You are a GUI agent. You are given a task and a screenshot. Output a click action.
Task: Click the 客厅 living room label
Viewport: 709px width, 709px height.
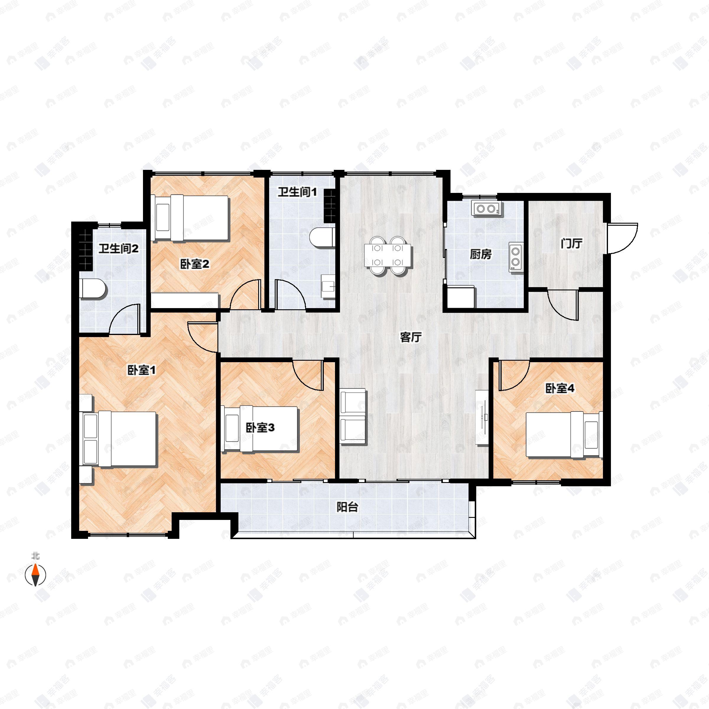coord(411,337)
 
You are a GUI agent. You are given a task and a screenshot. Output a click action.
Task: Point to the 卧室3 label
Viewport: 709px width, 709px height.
coord(260,427)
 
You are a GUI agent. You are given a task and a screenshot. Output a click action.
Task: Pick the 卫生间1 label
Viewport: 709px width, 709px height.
coord(297,192)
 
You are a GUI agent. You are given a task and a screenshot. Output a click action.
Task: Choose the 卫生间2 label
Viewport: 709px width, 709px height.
coord(118,249)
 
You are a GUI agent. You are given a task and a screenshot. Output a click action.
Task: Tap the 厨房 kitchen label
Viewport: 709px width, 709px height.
coord(481,254)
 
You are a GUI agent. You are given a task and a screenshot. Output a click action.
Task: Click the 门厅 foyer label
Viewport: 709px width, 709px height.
coord(572,243)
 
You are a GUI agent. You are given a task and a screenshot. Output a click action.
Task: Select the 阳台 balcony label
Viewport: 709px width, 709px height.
coord(347,507)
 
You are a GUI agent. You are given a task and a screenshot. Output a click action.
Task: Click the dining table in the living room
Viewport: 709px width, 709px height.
coord(388,255)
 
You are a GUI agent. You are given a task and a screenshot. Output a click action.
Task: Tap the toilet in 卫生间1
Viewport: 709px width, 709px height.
coord(322,238)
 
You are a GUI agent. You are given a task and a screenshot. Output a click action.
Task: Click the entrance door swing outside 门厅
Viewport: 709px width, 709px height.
coord(622,238)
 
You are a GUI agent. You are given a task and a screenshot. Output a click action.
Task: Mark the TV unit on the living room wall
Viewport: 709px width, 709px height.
coord(482,417)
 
